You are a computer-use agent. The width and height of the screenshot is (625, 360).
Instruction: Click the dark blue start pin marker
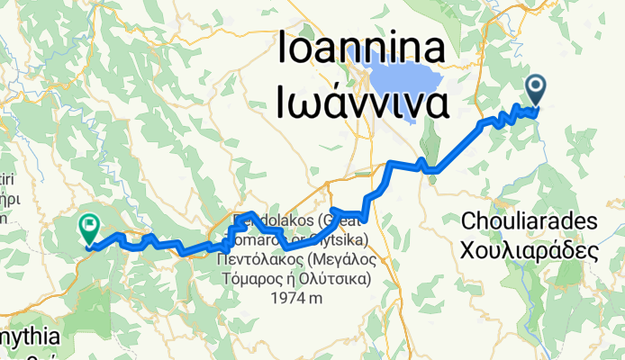click(536, 88)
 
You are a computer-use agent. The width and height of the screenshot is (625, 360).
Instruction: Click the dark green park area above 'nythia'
click(99, 301)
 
